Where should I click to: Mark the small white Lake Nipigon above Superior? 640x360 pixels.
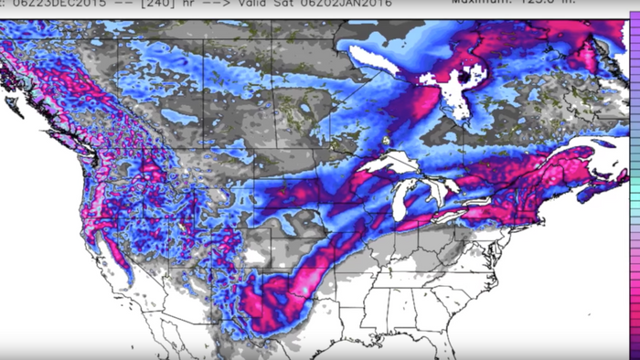point(388,142)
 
